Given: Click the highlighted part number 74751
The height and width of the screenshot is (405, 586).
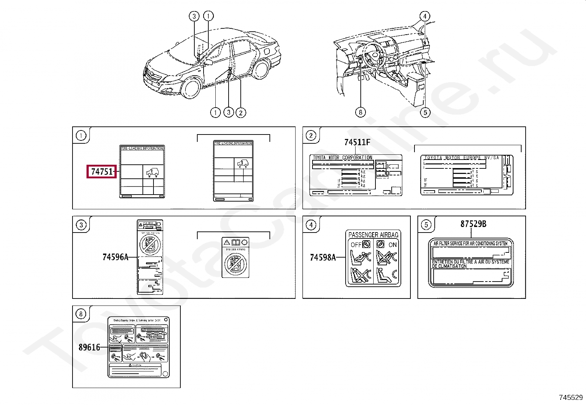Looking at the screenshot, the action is [x=102, y=172].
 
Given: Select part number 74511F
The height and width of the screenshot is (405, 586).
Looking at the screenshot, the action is [x=357, y=143].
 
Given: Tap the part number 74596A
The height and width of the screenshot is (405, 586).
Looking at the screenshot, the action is [x=115, y=257].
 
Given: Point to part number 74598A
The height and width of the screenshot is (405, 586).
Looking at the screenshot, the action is [x=323, y=258].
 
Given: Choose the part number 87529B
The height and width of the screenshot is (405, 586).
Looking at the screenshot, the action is [x=473, y=224].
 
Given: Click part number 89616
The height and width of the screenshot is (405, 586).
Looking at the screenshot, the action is [x=89, y=348].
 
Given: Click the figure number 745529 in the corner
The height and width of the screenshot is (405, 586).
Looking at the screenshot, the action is [x=571, y=397].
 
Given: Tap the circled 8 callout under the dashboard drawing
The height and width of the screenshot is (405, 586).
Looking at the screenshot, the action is [x=360, y=112].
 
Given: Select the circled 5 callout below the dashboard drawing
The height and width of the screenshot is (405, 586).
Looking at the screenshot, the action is [x=425, y=112].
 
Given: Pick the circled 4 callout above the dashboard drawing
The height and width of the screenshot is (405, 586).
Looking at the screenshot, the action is [x=425, y=16].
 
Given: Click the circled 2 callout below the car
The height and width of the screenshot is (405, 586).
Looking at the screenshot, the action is [x=241, y=112].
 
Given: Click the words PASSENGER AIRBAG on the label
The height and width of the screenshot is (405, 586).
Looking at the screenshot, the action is [x=373, y=235].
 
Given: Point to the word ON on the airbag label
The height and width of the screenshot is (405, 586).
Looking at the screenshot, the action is [x=393, y=245].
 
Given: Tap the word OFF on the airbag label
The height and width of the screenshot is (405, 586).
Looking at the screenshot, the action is [x=356, y=245].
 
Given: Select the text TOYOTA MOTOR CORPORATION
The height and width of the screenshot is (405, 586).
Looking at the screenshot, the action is [x=343, y=158].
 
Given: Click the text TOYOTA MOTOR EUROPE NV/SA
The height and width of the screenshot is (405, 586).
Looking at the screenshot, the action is [x=462, y=158].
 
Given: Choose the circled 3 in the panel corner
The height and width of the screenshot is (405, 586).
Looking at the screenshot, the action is [x=81, y=225].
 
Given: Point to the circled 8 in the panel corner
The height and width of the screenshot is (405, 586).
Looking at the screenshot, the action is [x=81, y=314].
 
